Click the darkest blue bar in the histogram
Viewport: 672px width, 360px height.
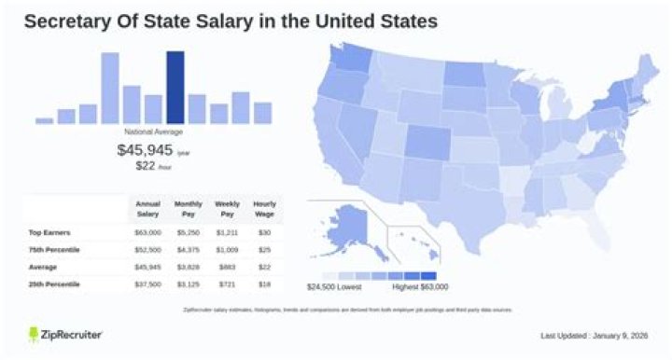click(174, 88)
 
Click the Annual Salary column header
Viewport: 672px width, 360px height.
click(148, 208)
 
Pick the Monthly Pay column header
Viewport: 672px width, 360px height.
click(188, 208)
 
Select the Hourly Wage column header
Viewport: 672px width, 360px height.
click(264, 208)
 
